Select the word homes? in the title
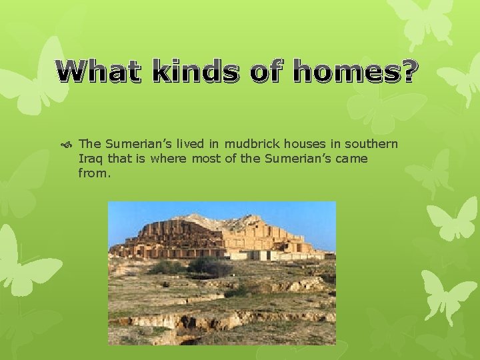(355, 71)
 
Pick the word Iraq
(90, 159)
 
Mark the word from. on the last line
(94, 173)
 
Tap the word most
(205, 159)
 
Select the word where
(169, 159)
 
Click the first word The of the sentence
(89, 144)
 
